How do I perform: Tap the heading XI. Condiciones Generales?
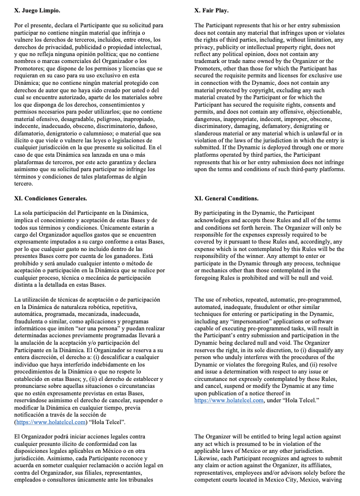click(x=51, y=198)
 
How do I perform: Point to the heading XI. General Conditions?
click(x=226, y=198)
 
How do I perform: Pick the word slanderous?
click(x=210, y=133)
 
